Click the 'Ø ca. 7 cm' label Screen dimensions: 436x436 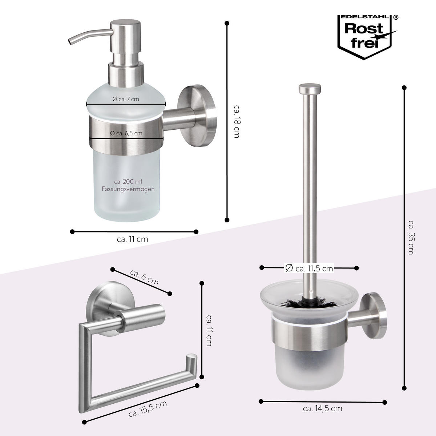point(126,99)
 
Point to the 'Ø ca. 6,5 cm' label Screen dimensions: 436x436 point(126,133)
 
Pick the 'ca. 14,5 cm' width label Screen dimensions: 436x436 point(322,408)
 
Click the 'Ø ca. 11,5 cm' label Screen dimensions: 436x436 point(308,268)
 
